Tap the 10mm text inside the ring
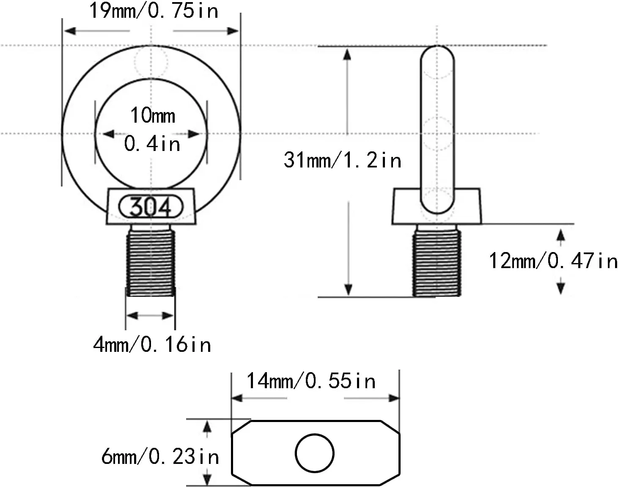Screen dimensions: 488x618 [x=153, y=115]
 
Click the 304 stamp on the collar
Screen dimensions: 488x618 [x=151, y=207]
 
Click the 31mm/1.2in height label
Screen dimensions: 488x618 [x=342, y=160]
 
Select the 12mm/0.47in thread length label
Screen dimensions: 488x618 [x=553, y=260]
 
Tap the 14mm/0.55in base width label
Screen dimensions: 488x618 [x=311, y=381]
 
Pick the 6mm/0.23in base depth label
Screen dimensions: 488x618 [x=160, y=457]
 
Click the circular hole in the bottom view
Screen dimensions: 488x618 [x=314, y=453]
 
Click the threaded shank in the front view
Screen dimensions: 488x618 [x=151, y=262]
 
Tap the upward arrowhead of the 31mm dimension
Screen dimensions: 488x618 [x=347, y=54]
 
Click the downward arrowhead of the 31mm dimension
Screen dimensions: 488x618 [x=348, y=290]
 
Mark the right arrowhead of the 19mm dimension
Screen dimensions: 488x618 [x=233, y=31]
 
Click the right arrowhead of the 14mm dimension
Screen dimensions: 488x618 [x=394, y=398]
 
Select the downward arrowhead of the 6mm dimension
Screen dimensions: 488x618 [x=207, y=479]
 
